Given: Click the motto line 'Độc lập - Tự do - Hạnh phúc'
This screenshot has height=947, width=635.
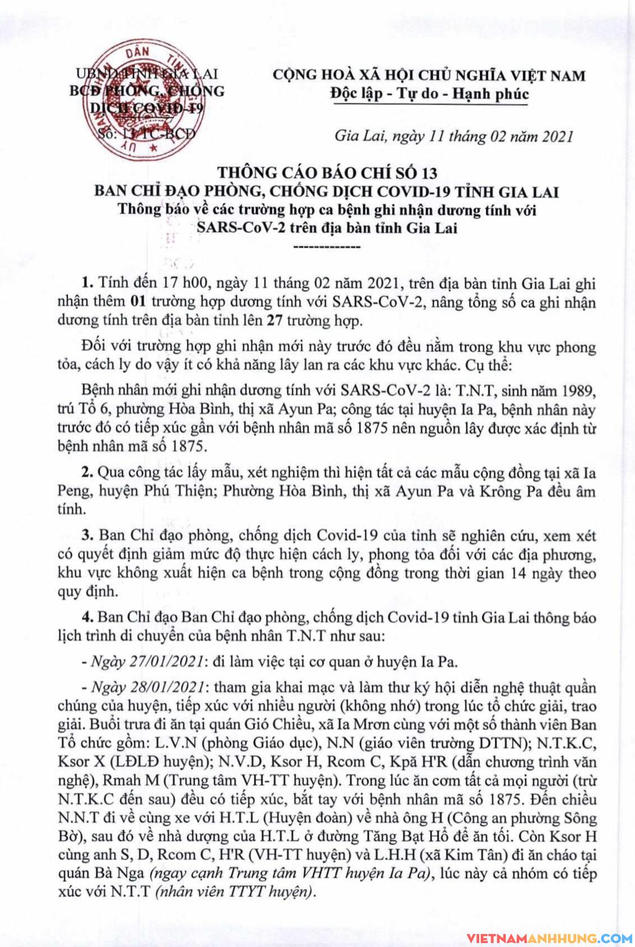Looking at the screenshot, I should point(429,93).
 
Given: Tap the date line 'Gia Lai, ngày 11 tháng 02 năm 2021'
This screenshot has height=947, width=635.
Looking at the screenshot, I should point(453,136).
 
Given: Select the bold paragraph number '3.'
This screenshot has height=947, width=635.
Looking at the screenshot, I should point(87,534).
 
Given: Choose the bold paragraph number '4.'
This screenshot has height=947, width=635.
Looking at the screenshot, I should point(87,617).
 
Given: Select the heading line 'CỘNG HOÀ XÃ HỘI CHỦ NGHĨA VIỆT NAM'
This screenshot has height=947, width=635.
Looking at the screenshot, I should point(429,76).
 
